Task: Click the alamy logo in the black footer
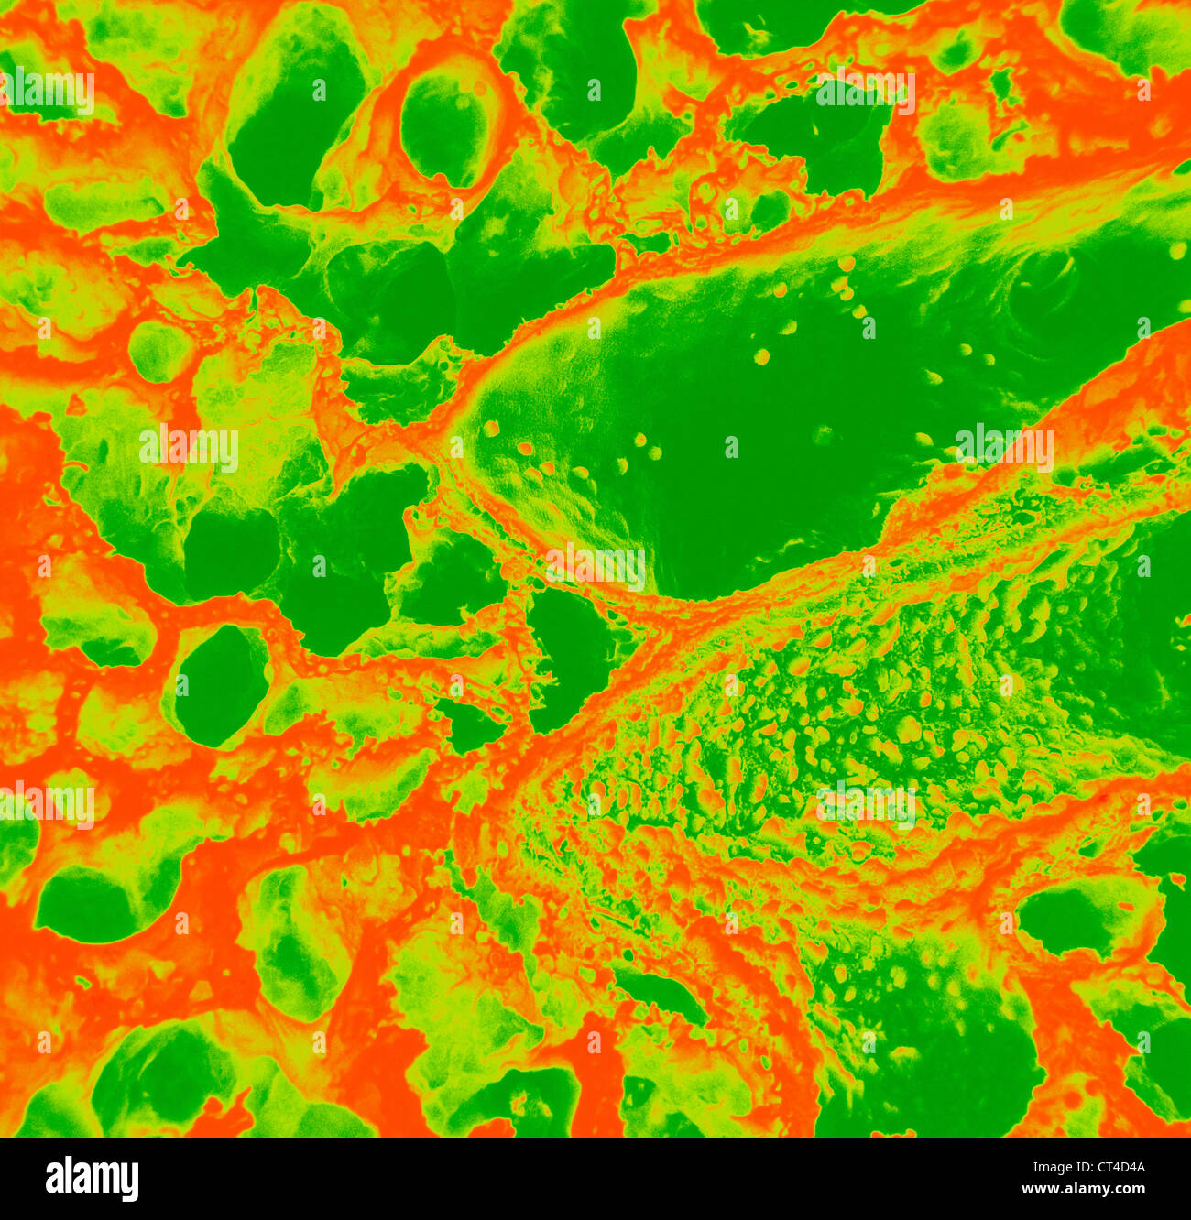pyautogui.click(x=92, y=1179)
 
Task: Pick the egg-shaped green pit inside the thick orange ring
pyautogui.click(x=444, y=128)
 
